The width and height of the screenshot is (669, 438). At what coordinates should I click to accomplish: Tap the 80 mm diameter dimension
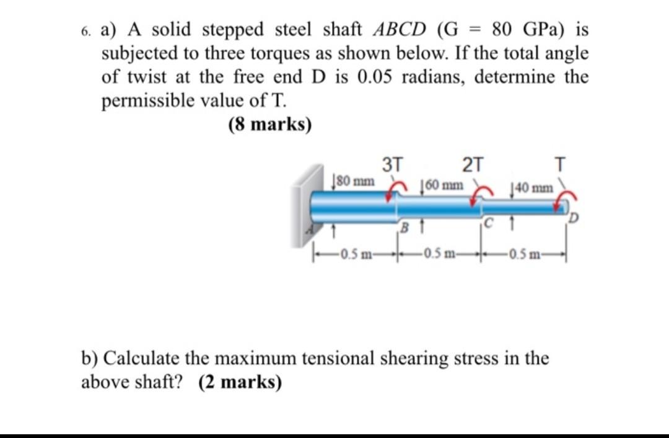point(354,181)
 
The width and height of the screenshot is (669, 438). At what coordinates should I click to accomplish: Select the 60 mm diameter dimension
point(442,185)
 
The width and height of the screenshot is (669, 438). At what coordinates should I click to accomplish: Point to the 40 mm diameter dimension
point(530,187)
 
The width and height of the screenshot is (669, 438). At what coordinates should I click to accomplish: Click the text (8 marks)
point(269,124)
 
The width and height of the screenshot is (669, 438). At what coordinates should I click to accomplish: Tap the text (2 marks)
point(240,382)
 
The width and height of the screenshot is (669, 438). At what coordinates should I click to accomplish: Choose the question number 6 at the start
point(85,30)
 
